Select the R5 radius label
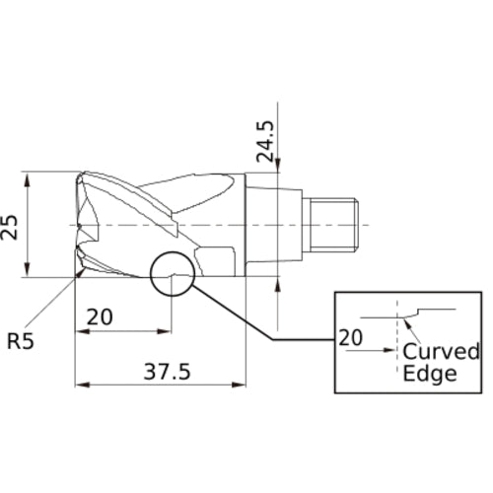pos(22,342)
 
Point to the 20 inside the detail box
pos(351,337)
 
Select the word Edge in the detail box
pos(430,374)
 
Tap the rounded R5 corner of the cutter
pos(78,271)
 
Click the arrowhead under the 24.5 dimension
pos(279,170)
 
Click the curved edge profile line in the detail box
pos(424,312)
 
